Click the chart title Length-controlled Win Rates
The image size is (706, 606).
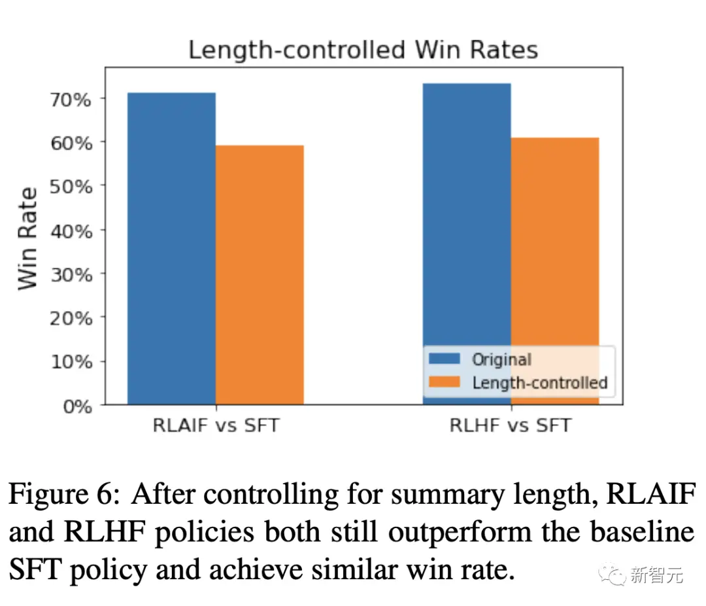(363, 50)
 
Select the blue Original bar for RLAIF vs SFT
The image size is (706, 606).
(171, 249)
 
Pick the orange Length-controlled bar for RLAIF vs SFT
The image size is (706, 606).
(260, 275)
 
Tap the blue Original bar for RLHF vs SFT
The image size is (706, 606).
(467, 216)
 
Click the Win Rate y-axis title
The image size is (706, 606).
(27, 238)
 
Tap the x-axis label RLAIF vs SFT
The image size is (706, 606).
(216, 425)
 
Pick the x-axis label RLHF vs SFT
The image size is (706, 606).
(510, 425)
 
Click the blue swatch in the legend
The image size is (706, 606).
(445, 359)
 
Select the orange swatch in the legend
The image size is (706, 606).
(445, 382)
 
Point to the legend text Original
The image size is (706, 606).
(501, 359)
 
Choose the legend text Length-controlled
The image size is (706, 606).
(540, 382)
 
